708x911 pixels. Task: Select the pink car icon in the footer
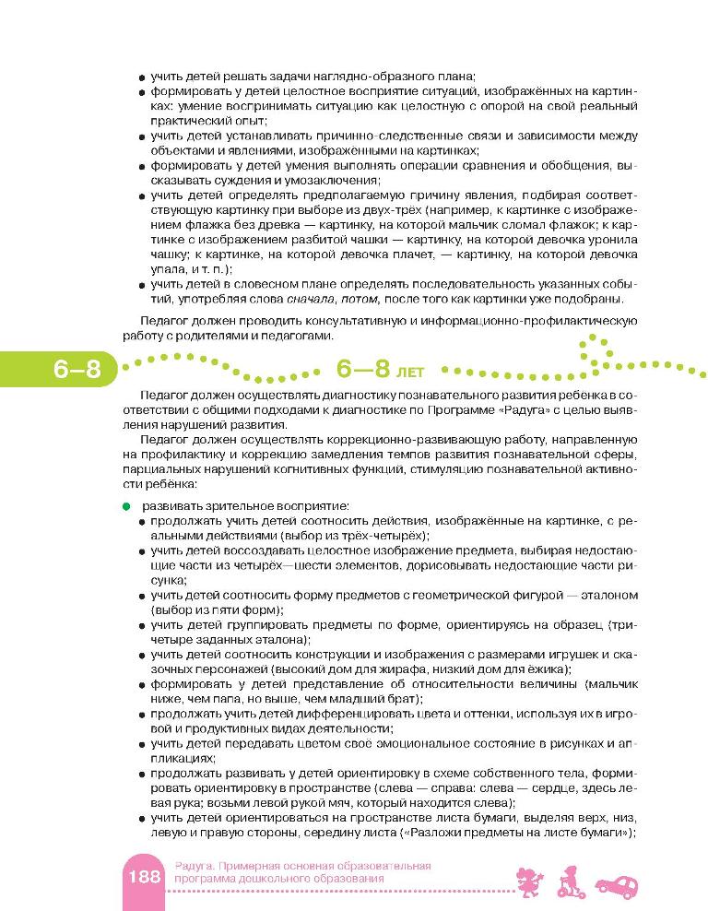pyautogui.click(x=616, y=885)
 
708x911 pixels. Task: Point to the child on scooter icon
pyautogui.click(x=568, y=881)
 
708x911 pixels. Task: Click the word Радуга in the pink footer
pyautogui.click(x=195, y=866)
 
